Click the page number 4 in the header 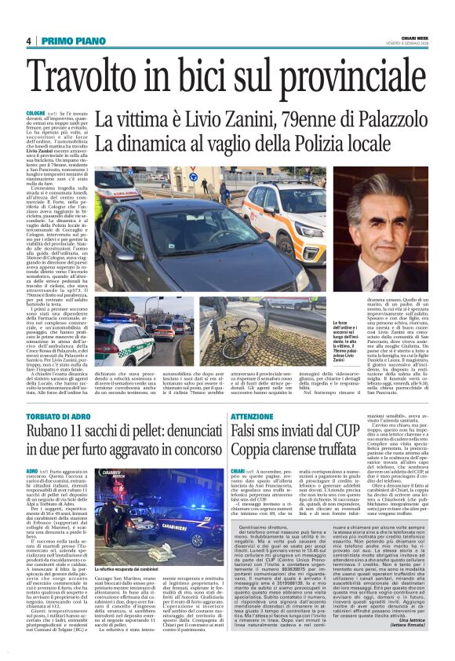[x=28, y=40]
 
